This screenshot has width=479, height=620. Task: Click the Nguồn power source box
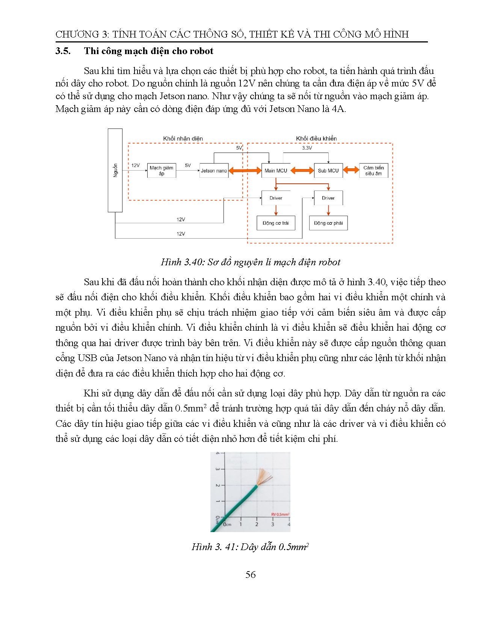point(115,170)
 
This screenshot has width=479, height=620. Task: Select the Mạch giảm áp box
point(162,171)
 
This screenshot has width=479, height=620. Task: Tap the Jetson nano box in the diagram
point(214,171)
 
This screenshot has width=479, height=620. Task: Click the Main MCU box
point(276,171)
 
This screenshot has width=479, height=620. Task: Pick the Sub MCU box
point(328,171)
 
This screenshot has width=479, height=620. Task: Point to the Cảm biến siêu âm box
point(373,171)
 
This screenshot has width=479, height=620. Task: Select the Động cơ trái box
point(276,223)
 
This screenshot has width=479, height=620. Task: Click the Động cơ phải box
point(328,223)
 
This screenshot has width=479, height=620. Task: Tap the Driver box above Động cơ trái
point(276,198)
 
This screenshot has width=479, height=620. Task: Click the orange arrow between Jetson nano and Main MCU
point(245,171)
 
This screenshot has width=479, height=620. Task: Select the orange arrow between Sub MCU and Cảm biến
point(351,170)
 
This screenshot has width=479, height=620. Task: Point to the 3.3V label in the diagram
point(307,148)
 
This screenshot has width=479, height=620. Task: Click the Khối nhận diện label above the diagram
point(183,139)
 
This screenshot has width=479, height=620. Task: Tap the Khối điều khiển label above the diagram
point(316,139)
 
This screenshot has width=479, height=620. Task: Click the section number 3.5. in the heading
point(63,51)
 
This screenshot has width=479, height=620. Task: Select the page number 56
point(251,575)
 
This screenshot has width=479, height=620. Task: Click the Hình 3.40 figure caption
point(251,262)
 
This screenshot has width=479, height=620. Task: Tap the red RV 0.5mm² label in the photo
point(280,514)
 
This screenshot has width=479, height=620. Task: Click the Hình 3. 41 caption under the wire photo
point(250,547)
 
